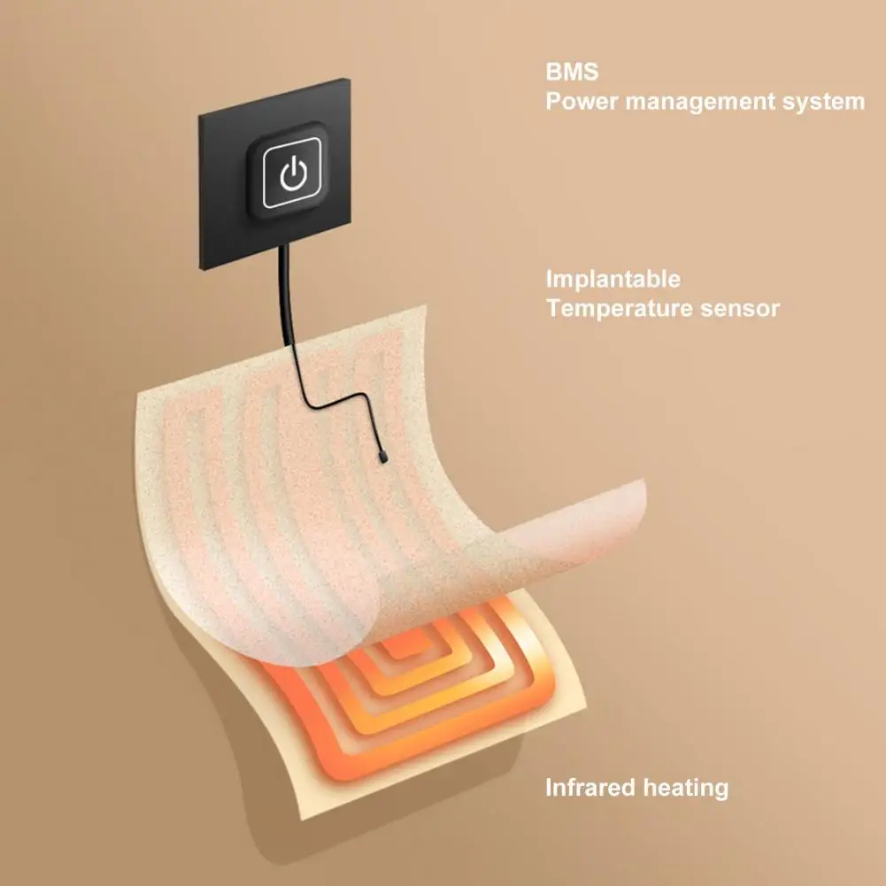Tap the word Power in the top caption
point(580,102)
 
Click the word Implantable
point(612,281)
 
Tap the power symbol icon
point(292,176)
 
